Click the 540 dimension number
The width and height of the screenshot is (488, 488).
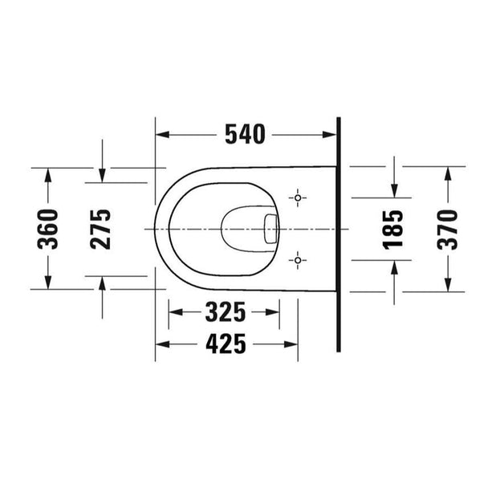pos(246,134)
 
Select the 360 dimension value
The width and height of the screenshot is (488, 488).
pos(47,230)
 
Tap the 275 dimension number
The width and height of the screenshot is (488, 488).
pos(100,230)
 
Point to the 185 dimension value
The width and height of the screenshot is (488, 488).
pos(392,230)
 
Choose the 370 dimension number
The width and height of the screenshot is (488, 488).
pos(447,230)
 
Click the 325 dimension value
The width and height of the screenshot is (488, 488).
pos(226,312)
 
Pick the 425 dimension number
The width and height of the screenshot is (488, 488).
pos(226,344)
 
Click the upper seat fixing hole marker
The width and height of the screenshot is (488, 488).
pos(298,198)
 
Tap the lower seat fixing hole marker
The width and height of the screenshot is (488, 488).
pos(298,260)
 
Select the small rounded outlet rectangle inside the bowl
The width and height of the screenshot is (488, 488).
pos(270,229)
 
